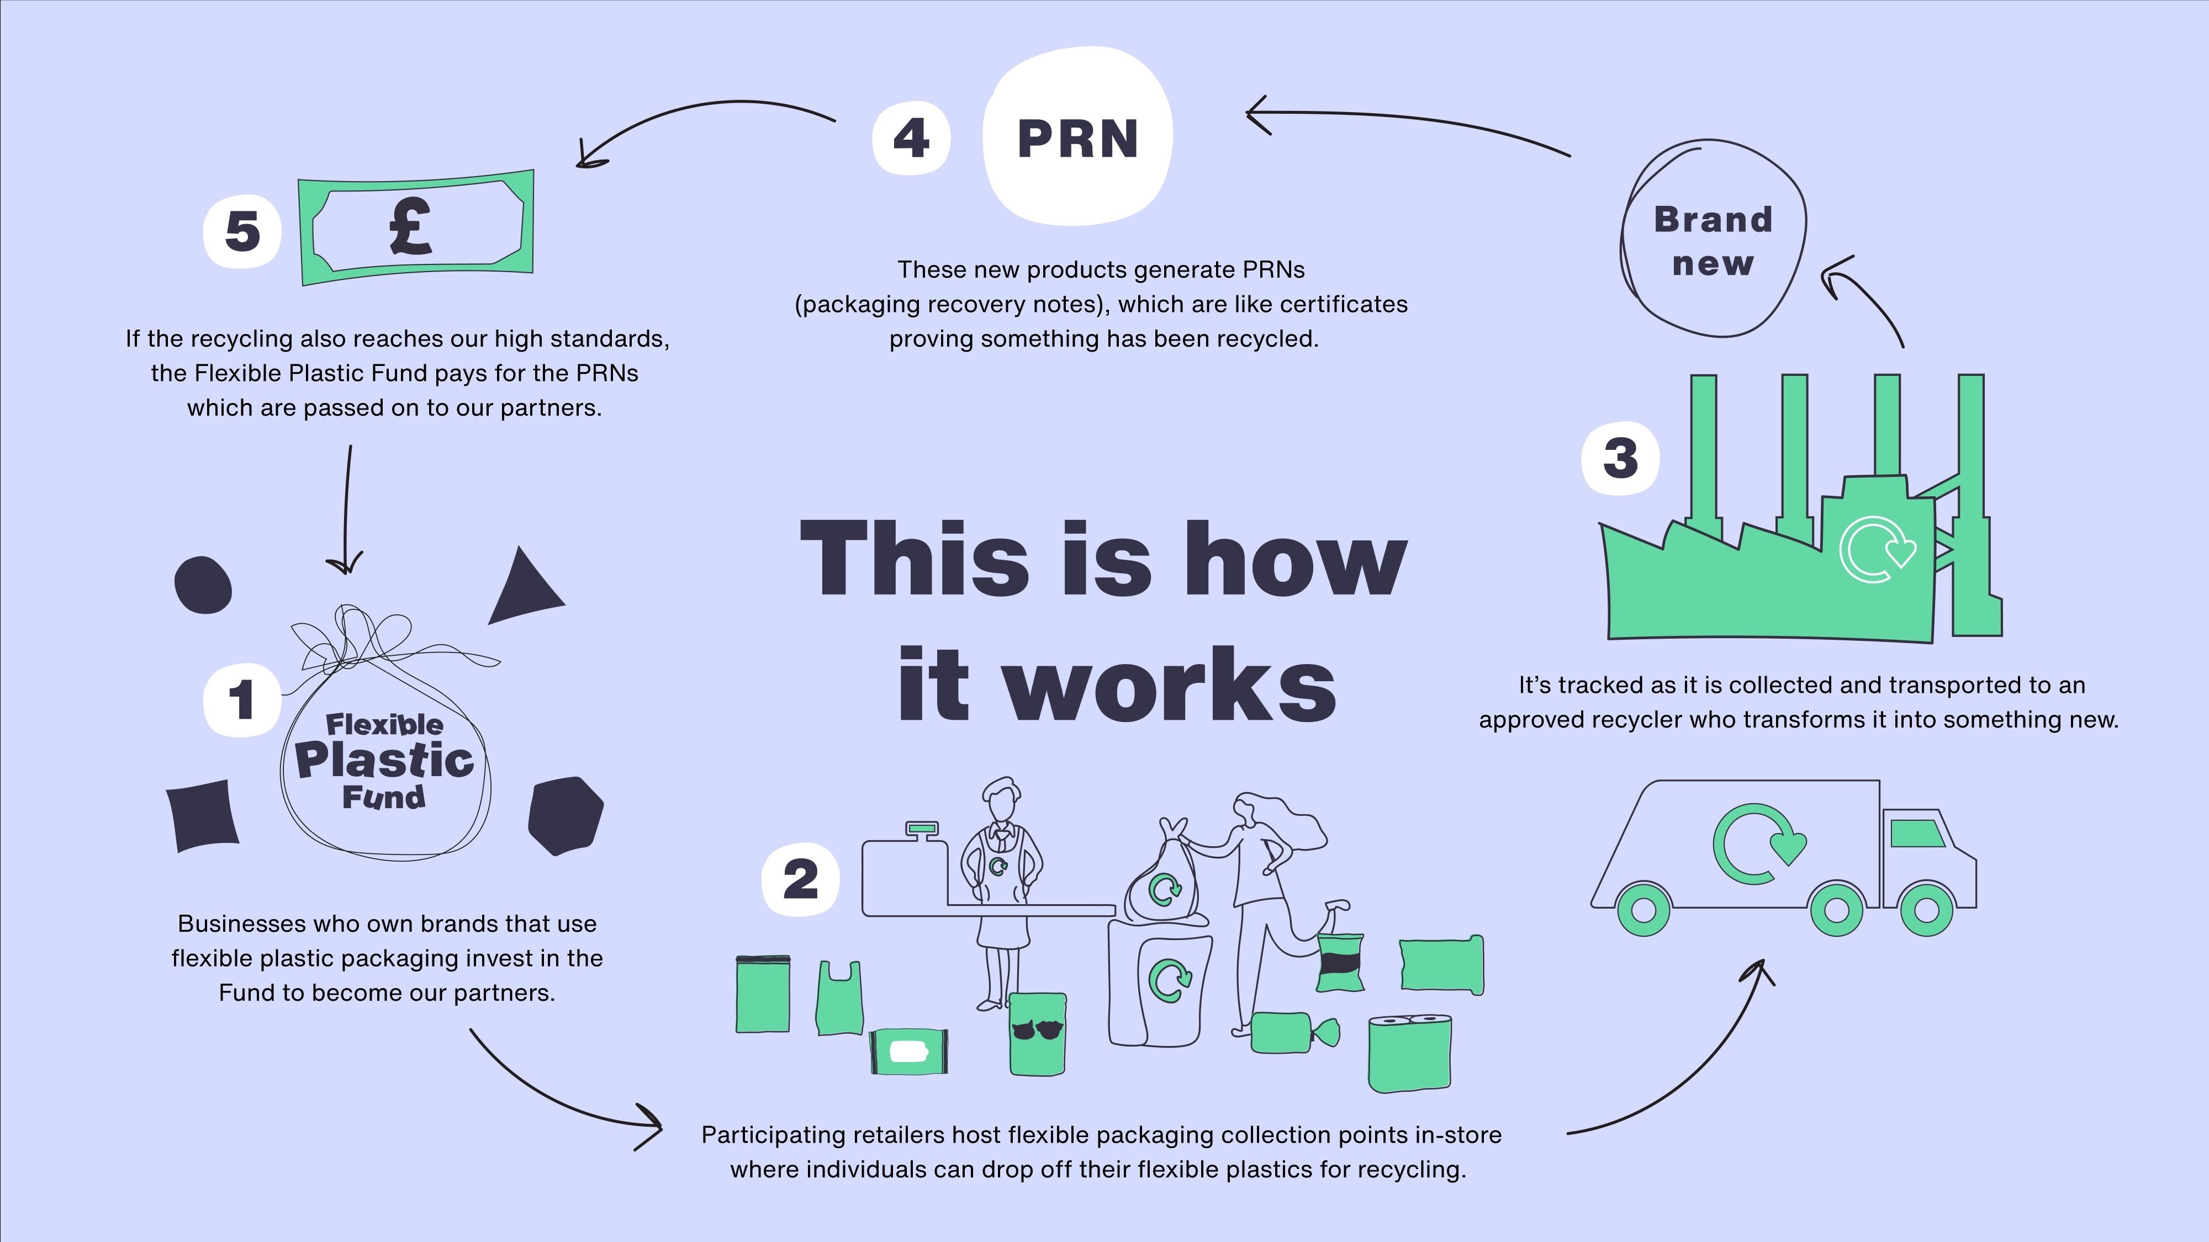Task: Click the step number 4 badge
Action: click(x=911, y=138)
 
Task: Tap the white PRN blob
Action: click(x=1078, y=137)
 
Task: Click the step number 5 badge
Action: click(x=242, y=231)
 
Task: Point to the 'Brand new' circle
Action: click(x=1713, y=240)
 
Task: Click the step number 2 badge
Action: click(x=800, y=879)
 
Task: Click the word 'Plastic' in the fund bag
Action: click(x=385, y=760)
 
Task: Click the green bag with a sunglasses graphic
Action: click(x=1037, y=1034)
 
